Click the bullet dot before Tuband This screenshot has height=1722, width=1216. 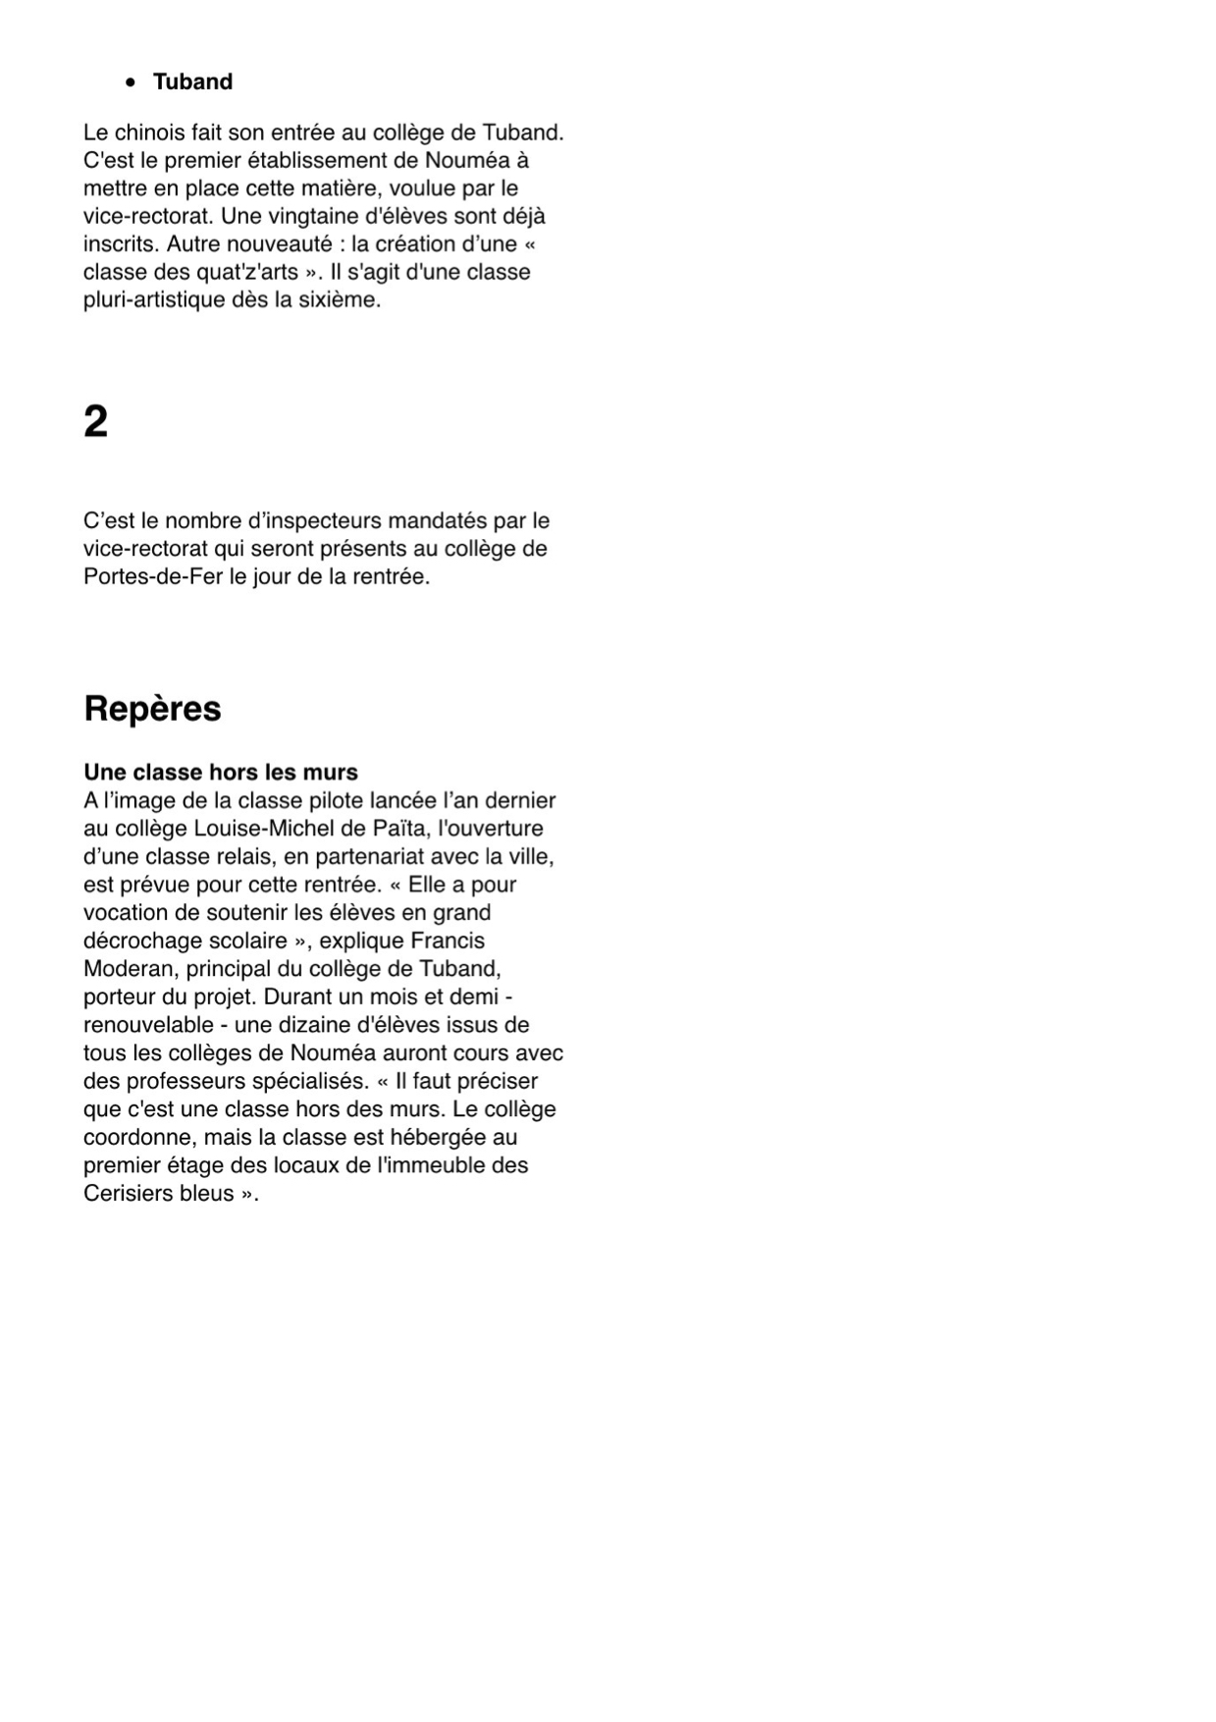click(x=131, y=83)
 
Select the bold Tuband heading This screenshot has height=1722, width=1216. click(x=192, y=82)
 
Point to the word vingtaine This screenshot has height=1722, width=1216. click(x=295, y=217)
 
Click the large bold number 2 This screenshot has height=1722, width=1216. click(x=95, y=422)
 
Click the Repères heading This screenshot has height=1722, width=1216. click(x=152, y=709)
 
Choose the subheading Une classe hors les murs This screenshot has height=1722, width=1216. click(x=221, y=773)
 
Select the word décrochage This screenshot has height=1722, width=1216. click(x=143, y=942)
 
